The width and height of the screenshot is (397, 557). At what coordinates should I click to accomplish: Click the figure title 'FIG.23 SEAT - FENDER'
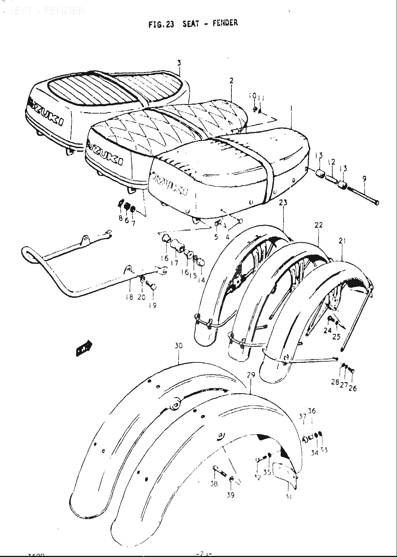tap(193, 24)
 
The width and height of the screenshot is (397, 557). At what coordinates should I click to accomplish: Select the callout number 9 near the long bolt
tap(364, 179)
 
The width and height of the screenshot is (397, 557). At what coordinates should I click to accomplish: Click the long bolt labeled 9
tap(363, 195)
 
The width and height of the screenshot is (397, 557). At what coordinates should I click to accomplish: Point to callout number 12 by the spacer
tap(332, 162)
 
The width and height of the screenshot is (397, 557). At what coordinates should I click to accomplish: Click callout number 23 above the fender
tap(284, 203)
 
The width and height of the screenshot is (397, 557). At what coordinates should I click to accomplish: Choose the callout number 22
tap(318, 225)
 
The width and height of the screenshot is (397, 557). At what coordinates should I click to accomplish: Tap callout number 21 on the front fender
tap(342, 241)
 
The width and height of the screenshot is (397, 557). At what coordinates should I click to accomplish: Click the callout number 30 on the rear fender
tap(179, 346)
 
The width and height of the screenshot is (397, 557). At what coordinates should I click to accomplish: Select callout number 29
tap(251, 375)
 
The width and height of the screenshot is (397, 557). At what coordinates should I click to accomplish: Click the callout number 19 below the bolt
tap(153, 305)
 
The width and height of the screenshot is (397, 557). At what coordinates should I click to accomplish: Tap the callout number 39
tap(231, 495)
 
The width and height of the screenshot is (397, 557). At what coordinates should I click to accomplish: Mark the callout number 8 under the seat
tap(121, 218)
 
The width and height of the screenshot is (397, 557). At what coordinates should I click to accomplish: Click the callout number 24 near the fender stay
tap(327, 330)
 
